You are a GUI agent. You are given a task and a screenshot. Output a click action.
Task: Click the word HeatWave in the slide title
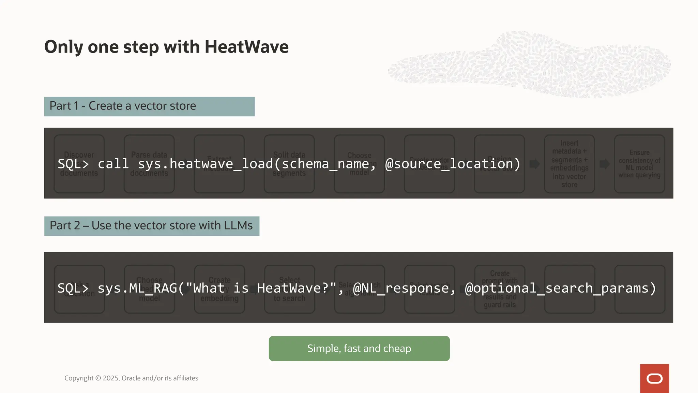pos(246,47)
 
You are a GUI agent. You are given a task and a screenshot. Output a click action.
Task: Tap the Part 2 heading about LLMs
pos(151,226)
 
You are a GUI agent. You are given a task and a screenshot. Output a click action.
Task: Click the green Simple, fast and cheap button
pos(359,348)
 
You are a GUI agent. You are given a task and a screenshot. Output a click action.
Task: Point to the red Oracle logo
pos(654,378)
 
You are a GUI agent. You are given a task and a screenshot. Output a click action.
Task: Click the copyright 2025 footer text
pos(131,378)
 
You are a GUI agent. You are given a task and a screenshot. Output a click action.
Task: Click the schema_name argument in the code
pos(325,164)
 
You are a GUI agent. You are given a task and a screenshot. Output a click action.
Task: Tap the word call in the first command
pos(113,164)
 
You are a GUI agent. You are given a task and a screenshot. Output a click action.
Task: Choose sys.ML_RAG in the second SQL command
pos(137,288)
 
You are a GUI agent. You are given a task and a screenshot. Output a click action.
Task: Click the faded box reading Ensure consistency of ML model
pos(639,164)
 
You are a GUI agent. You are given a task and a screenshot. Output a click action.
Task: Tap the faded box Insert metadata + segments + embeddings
pos(569,164)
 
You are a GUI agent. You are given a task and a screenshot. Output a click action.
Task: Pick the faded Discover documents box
pos(79,164)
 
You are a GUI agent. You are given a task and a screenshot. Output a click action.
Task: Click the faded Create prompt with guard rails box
pos(500,289)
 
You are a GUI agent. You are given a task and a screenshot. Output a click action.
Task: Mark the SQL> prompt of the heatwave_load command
pos(73,164)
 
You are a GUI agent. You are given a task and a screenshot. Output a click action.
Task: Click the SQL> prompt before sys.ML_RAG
pos(73,288)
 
